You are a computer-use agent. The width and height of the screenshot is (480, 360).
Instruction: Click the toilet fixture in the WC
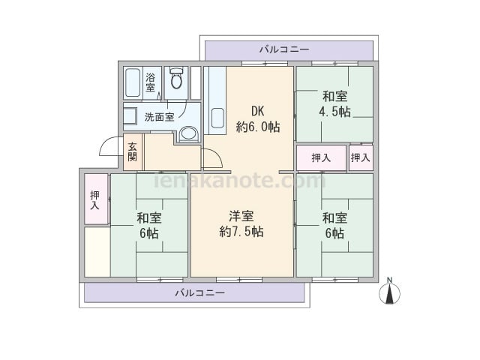[176, 78]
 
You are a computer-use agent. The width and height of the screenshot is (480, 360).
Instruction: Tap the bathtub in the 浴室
[133, 82]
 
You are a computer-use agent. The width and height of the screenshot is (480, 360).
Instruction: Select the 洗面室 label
[159, 117]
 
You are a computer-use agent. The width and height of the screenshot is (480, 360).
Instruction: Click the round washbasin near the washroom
[188, 134]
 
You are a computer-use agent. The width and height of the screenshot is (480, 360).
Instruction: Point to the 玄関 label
[132, 151]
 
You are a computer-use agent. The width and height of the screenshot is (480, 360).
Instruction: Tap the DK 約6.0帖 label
[258, 119]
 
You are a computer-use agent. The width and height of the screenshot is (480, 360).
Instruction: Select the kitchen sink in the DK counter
[217, 118]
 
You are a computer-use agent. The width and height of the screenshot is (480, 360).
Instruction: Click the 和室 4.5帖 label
[334, 104]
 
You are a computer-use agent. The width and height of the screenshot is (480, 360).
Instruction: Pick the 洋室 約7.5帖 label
[241, 223]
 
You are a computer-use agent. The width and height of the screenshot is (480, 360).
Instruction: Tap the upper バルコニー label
[284, 49]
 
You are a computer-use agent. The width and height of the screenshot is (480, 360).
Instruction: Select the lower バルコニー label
[200, 293]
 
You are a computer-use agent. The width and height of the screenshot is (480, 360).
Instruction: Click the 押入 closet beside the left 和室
[96, 199]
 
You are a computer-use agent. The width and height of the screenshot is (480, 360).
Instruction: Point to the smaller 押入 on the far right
[361, 157]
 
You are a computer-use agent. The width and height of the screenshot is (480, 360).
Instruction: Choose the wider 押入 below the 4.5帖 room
[322, 157]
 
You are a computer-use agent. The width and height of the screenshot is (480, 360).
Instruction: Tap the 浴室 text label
[150, 82]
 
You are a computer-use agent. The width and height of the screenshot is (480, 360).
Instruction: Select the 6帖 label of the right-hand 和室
[334, 233]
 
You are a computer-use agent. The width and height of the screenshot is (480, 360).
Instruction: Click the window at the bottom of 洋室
[239, 280]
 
